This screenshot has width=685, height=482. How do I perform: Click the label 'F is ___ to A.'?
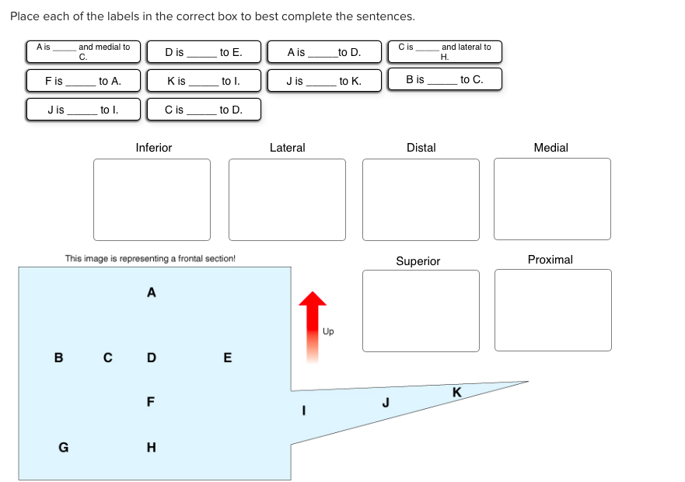(x=83, y=80)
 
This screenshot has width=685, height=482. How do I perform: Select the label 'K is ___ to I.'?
(x=203, y=81)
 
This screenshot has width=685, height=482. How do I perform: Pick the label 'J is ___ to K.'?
(x=323, y=81)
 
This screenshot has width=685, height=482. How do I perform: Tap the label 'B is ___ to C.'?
(x=444, y=79)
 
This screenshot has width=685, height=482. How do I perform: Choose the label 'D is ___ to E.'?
(x=203, y=53)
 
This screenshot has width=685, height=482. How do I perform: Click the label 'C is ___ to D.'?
(x=203, y=110)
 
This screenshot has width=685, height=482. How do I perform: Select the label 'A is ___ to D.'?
(x=323, y=53)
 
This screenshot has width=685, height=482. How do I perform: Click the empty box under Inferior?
(x=152, y=200)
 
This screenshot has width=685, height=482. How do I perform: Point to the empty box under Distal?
(x=421, y=200)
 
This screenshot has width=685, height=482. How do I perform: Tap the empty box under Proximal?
(x=553, y=310)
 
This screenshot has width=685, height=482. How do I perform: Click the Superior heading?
(x=418, y=261)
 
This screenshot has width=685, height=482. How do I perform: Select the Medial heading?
(x=551, y=148)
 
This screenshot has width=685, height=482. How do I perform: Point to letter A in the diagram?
(x=151, y=293)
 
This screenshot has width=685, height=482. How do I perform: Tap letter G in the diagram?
(x=63, y=447)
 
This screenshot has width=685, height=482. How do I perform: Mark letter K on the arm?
(x=456, y=392)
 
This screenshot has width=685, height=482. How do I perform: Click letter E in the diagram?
(x=227, y=358)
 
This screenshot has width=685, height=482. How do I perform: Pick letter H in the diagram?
(x=151, y=447)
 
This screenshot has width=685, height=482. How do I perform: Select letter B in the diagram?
(x=58, y=358)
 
